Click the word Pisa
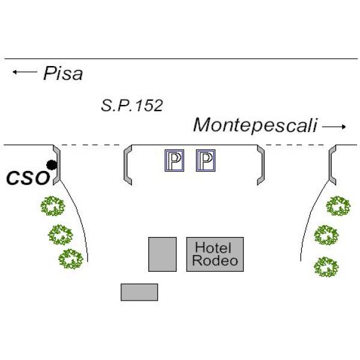[62, 74]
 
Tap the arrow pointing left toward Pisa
[24, 73]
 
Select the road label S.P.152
[131, 106]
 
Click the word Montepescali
[254, 125]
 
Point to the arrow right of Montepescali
[334, 127]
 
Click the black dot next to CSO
[52, 164]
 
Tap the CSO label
[27, 178]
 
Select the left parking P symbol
[174, 161]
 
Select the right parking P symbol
[205, 161]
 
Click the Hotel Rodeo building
[215, 254]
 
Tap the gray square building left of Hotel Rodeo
[163, 254]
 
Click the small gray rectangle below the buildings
[139, 292]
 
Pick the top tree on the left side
[52, 206]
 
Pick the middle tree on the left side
[60, 235]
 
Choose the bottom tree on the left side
[71, 259]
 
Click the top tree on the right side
[338, 206]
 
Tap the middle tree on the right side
[327, 235]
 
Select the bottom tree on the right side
[326, 266]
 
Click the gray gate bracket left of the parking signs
[127, 165]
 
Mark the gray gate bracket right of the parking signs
[260, 165]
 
